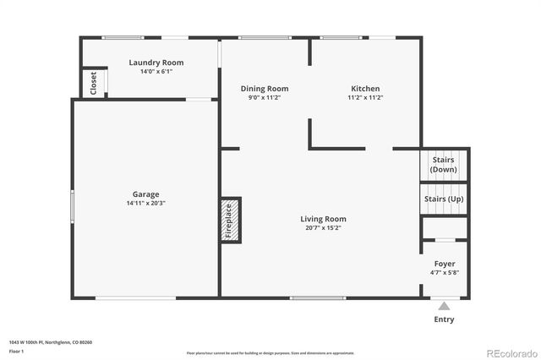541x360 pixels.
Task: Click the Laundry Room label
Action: [156, 63]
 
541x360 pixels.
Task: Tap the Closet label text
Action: [93, 82]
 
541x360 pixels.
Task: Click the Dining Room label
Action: [265, 89]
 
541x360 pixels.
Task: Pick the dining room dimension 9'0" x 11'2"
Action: [265, 98]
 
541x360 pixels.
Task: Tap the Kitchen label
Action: [365, 89]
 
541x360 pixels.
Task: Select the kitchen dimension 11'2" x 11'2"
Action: [365, 98]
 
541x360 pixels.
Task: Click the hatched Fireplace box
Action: [231, 221]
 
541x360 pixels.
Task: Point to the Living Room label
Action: [323, 219]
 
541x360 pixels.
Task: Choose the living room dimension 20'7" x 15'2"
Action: [323, 228]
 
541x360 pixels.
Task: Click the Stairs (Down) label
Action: [444, 164]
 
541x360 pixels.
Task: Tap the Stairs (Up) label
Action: [444, 199]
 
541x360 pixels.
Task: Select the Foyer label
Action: [444, 264]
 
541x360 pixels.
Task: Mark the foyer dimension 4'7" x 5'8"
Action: [444, 273]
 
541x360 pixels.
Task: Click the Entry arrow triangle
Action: [444, 306]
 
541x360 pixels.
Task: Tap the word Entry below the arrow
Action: [444, 319]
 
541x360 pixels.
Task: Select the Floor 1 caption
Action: [17, 350]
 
